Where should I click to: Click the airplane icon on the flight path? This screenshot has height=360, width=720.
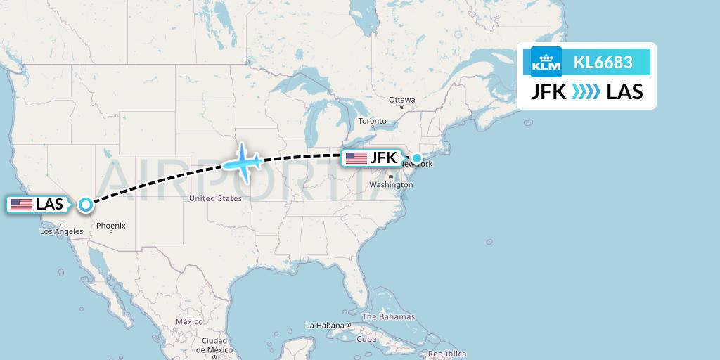pyautogui.click(x=243, y=162)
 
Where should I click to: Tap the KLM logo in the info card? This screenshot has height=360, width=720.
pyautogui.click(x=546, y=62)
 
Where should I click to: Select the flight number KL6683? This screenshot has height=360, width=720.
pyautogui.click(x=603, y=62)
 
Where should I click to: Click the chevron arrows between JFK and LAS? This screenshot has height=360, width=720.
pyautogui.click(x=586, y=91)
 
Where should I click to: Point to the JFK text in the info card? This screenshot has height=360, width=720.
pyautogui.click(x=548, y=91)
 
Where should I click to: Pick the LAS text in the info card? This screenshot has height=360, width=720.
pyautogui.click(x=624, y=91)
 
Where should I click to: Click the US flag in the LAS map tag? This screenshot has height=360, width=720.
pyautogui.click(x=22, y=205)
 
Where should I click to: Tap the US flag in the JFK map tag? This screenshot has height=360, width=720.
pyautogui.click(x=356, y=158)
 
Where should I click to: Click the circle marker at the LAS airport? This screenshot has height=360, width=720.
pyautogui.click(x=85, y=205)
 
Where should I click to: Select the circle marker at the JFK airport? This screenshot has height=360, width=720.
pyautogui.click(x=416, y=158)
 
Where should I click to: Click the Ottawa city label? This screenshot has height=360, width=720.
pyautogui.click(x=402, y=100)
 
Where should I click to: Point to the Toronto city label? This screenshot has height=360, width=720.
pyautogui.click(x=373, y=121)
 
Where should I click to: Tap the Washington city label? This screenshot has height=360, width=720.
pyautogui.click(x=391, y=185)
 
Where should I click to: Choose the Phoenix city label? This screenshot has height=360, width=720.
pyautogui.click(x=111, y=226)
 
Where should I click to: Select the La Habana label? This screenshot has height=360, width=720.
pyautogui.click(x=324, y=326)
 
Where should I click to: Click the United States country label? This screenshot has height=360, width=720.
pyautogui.click(x=215, y=199)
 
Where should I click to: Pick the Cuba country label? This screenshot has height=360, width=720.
pyautogui.click(x=366, y=338)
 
